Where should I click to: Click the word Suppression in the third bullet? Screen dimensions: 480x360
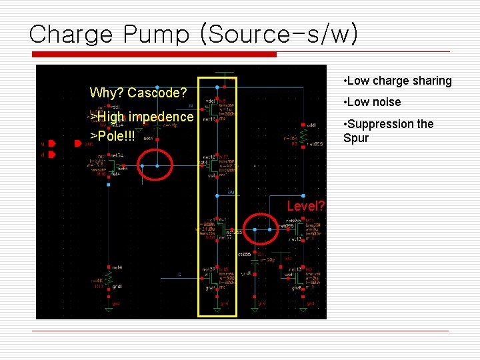tap(378, 124)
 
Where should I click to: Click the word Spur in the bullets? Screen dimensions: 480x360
tap(355, 138)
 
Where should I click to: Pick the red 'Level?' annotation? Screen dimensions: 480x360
tap(306, 205)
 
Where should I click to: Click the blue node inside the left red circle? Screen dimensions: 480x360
tap(157, 165)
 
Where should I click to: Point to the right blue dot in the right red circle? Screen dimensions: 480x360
tap(271, 229)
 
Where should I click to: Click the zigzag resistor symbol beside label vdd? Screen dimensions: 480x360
tap(303, 137)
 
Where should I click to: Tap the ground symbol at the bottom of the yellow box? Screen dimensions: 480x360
tap(217, 307)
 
